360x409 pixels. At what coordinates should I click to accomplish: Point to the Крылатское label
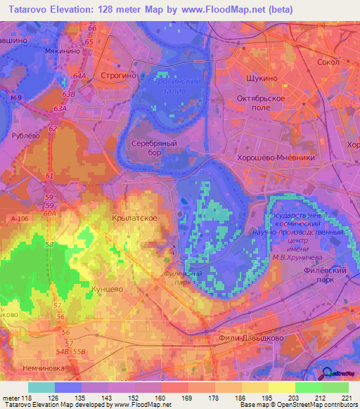(x=134, y=219)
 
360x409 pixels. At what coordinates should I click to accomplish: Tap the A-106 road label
(x=20, y=220)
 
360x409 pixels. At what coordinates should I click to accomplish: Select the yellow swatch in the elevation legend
(x=281, y=387)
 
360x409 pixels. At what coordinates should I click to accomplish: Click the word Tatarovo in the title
(x=32, y=11)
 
